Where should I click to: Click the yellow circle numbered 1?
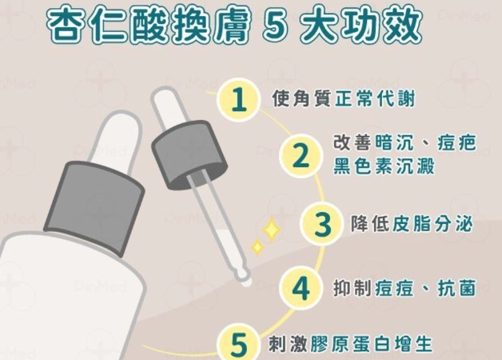pyautogui.click(x=237, y=100)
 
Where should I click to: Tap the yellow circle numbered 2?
pyautogui.click(x=299, y=155)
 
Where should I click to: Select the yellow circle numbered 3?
pyautogui.click(x=321, y=224)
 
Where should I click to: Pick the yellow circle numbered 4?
pyautogui.click(x=301, y=289)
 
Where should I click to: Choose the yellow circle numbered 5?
pyautogui.click(x=238, y=344)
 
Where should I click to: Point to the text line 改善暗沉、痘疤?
pyautogui.click(x=404, y=144)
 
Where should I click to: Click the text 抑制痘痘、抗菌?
pyautogui.click(x=405, y=289)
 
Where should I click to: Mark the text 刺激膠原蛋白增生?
pyautogui.click(x=349, y=345)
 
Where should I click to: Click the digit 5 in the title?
pyautogui.click(x=274, y=27)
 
